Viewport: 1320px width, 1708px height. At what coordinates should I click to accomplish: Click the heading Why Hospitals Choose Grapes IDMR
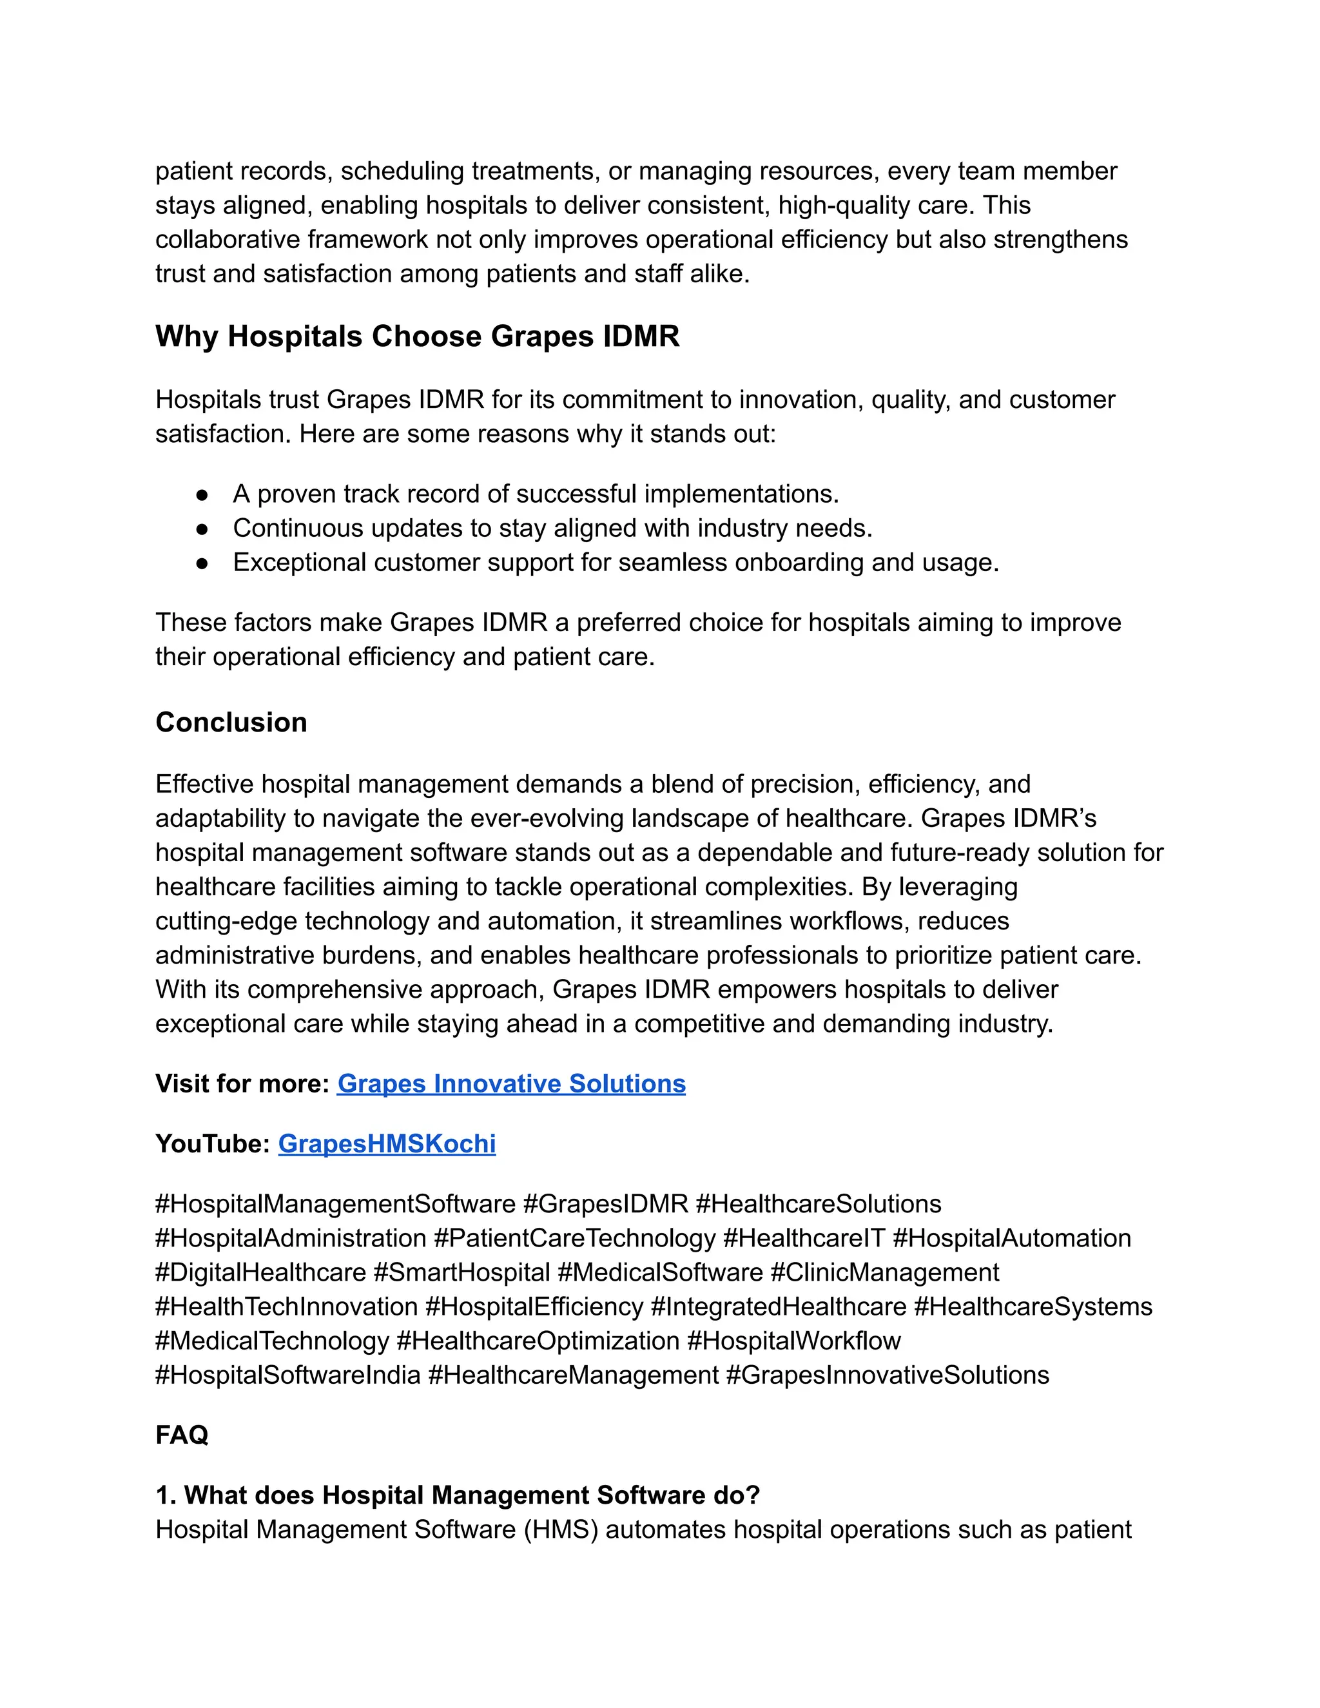click(417, 337)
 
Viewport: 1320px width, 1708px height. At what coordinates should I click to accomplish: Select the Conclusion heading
click(231, 723)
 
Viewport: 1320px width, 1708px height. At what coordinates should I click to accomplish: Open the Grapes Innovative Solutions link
click(510, 1084)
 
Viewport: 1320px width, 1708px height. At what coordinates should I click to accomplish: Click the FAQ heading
click(181, 1435)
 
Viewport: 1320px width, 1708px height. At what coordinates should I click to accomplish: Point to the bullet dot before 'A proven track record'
click(202, 495)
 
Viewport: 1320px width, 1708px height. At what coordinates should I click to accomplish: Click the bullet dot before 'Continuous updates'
click(202, 529)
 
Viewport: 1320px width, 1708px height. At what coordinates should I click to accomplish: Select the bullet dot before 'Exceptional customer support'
click(202, 563)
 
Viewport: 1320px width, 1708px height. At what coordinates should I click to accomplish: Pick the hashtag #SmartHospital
click(461, 1273)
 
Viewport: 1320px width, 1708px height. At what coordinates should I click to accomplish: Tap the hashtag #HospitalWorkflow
click(793, 1341)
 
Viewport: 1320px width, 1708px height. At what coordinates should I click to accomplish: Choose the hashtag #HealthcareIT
click(804, 1239)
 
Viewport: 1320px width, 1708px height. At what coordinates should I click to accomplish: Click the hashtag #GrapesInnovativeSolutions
click(888, 1375)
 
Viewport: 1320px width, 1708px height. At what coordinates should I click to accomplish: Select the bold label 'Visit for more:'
click(242, 1084)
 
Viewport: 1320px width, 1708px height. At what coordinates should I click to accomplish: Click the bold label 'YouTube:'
click(213, 1144)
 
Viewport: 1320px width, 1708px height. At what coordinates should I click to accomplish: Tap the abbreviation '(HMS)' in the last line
click(561, 1529)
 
